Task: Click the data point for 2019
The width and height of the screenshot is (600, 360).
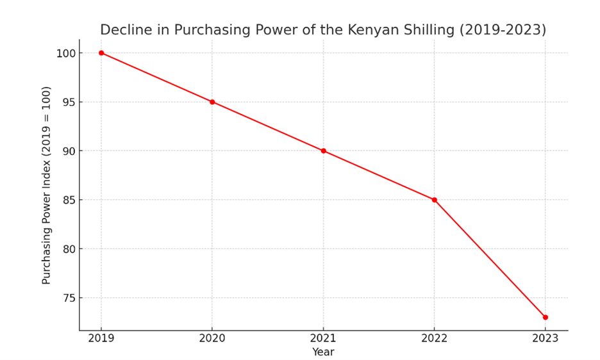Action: point(101,53)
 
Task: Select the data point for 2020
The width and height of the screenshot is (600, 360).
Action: point(212,102)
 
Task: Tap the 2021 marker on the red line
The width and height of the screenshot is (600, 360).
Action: point(323,151)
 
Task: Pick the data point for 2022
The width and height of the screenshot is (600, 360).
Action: point(434,200)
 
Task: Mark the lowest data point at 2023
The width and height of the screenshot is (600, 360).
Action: point(545,317)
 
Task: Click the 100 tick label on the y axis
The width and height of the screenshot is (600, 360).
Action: point(65,53)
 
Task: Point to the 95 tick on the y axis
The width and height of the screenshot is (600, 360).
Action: point(69,102)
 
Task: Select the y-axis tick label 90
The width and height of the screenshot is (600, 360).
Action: point(69,151)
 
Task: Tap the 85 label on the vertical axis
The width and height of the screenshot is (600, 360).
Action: point(69,200)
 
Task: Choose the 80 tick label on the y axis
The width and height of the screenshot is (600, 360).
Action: point(69,249)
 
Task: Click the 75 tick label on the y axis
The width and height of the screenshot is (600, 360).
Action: point(69,298)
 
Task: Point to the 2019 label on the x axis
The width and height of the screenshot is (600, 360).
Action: point(101,338)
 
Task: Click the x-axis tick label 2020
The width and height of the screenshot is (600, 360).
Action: point(212,338)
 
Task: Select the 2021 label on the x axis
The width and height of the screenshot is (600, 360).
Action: point(323,338)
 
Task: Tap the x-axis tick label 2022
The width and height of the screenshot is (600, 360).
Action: point(434,338)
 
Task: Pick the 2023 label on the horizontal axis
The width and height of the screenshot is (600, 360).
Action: point(545,338)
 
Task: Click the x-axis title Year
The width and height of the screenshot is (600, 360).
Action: point(323,352)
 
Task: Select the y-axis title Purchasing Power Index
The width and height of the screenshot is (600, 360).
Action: point(47,185)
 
